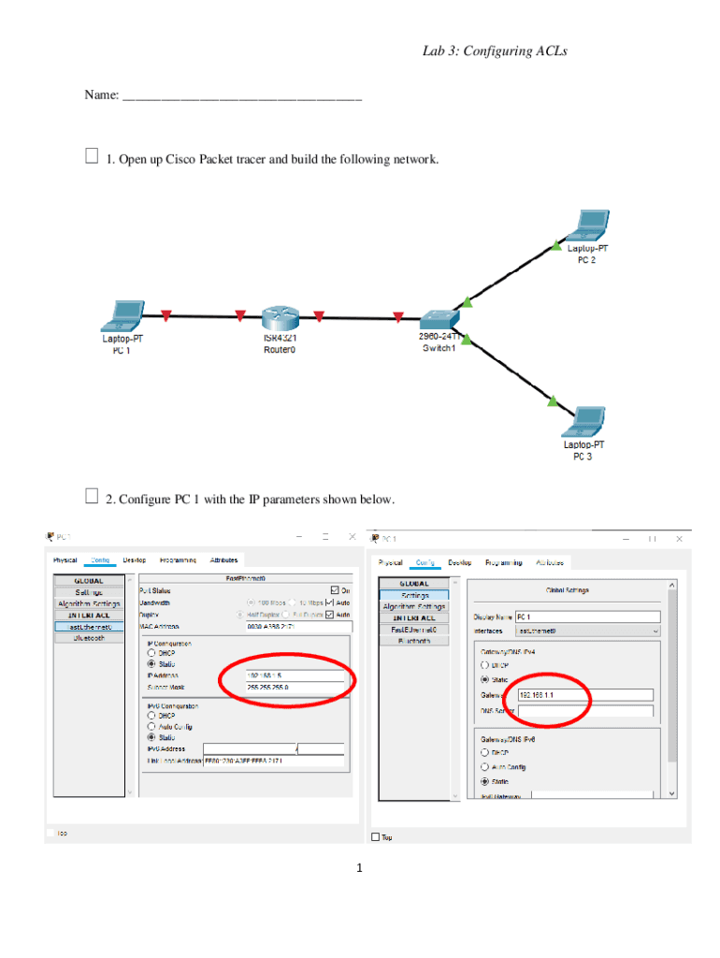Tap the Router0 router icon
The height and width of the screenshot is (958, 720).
click(x=279, y=319)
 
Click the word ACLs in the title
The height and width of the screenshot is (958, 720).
click(x=547, y=51)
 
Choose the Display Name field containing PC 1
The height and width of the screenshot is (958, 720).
click(x=586, y=617)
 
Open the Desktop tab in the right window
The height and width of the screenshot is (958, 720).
click(x=459, y=562)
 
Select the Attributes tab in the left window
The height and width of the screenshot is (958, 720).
click(x=223, y=559)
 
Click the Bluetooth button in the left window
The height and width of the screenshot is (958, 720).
click(x=91, y=638)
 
